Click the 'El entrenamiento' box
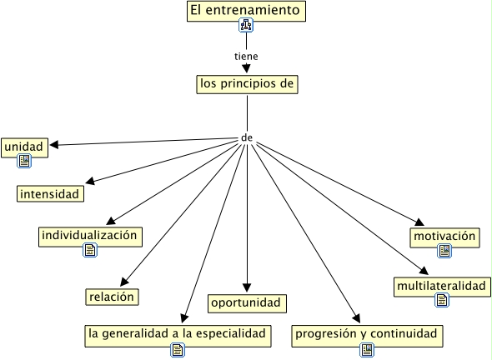(x=246, y=12)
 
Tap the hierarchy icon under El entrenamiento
(x=246, y=25)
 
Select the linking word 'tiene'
(x=246, y=57)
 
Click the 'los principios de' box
(x=248, y=84)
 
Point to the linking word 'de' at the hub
(x=247, y=137)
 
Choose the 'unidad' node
(x=24, y=147)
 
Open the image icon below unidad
(x=24, y=161)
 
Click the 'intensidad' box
(x=50, y=194)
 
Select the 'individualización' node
(x=90, y=237)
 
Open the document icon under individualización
(x=90, y=250)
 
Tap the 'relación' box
(x=112, y=297)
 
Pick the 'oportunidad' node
(x=247, y=303)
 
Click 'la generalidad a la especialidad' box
(x=178, y=336)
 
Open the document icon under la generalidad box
(x=178, y=350)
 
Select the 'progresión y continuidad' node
(x=367, y=336)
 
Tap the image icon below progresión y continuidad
(x=367, y=350)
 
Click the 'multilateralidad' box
(x=442, y=287)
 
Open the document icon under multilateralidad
(x=442, y=300)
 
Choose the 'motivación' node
(x=444, y=237)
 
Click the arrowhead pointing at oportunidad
(x=247, y=287)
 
